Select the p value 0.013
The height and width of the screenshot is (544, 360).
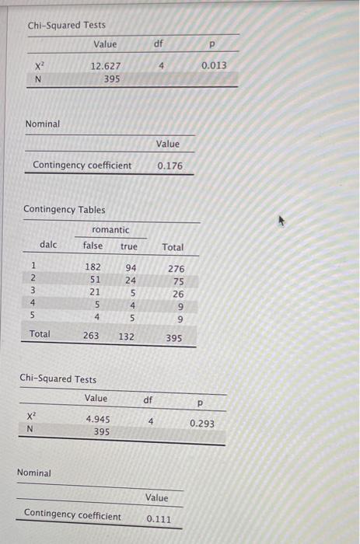[214, 65]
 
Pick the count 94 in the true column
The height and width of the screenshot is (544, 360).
[130, 267]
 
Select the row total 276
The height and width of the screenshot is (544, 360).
[176, 268]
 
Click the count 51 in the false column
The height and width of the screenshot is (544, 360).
[95, 280]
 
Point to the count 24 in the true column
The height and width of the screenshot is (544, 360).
[131, 280]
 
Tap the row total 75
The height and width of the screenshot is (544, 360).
[178, 281]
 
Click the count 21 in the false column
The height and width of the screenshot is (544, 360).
[95, 292]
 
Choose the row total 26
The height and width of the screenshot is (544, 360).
[178, 294]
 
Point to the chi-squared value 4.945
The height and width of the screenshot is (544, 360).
[98, 419]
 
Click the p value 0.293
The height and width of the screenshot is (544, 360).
[202, 424]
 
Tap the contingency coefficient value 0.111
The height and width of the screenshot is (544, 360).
[158, 518]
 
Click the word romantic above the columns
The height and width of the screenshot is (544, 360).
[110, 230]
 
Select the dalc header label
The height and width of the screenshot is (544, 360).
[48, 245]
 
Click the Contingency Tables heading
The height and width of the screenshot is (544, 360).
[65, 209]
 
